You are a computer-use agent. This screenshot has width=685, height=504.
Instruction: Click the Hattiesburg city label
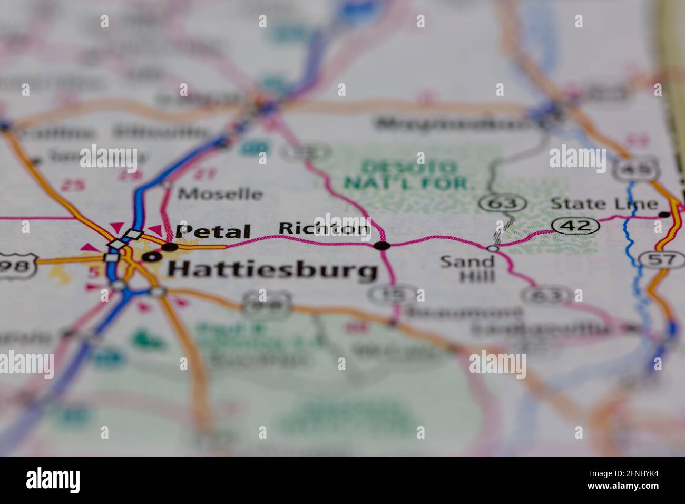click(272, 270)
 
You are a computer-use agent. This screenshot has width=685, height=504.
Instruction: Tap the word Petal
click(213, 231)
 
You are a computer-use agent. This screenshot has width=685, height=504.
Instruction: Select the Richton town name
click(324, 228)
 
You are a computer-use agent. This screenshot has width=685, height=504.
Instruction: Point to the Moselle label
click(220, 194)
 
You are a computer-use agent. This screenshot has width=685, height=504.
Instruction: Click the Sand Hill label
click(467, 268)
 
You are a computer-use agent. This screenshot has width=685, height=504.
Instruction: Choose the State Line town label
click(604, 204)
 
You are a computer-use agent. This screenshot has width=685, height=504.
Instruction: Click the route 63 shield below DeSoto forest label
click(503, 202)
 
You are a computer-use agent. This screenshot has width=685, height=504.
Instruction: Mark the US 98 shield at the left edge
click(16, 265)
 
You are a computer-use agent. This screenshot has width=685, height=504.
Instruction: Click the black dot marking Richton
click(381, 246)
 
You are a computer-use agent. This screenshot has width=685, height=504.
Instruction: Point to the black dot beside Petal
click(170, 246)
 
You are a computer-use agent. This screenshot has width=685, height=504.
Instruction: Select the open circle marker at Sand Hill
click(493, 248)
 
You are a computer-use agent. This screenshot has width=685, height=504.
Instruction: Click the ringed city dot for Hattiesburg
click(152, 257)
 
